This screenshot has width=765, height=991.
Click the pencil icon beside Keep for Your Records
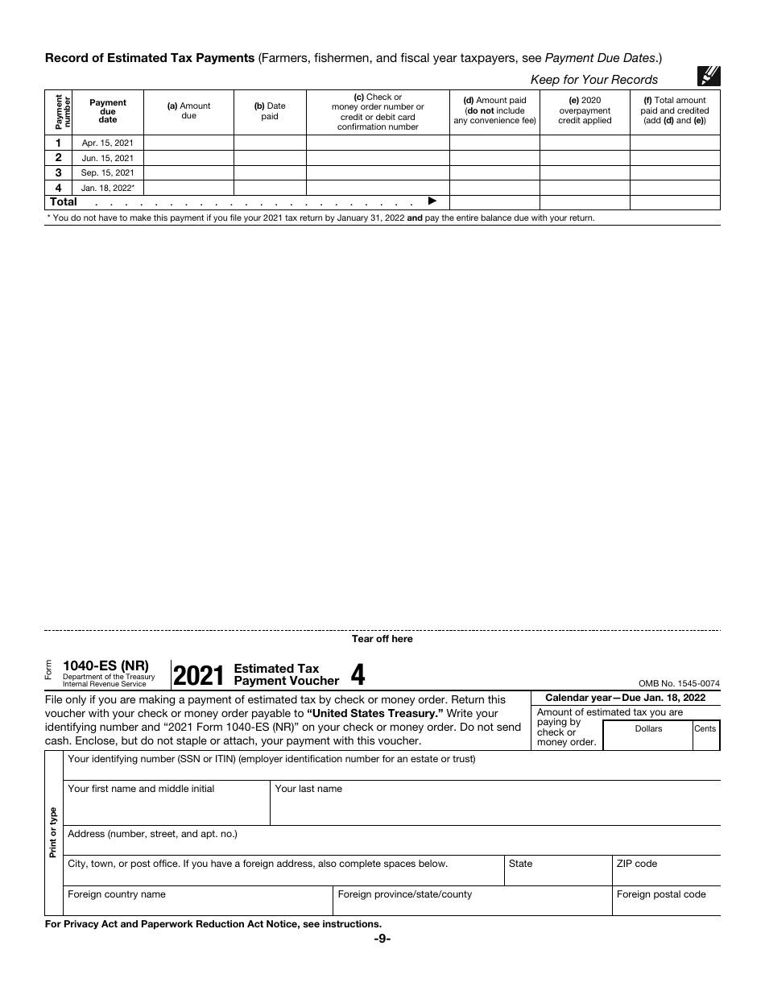[709, 77]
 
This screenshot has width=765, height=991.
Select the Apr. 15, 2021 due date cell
[108, 143]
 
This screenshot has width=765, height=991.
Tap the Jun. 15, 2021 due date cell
[108, 158]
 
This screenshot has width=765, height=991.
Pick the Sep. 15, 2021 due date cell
[108, 172]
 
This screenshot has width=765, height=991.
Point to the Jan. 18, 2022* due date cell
[108, 188]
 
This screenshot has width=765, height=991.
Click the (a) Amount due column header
[188, 111]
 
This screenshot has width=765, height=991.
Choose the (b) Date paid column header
[270, 111]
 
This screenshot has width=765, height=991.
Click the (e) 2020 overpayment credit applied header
[585, 111]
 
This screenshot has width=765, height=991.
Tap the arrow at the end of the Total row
[432, 201]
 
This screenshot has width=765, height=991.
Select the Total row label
[64, 202]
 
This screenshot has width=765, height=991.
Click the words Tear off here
[382, 639]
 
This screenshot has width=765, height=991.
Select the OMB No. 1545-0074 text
[679, 683]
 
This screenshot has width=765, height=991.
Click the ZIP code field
[666, 871]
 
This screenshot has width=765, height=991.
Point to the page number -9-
[382, 939]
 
